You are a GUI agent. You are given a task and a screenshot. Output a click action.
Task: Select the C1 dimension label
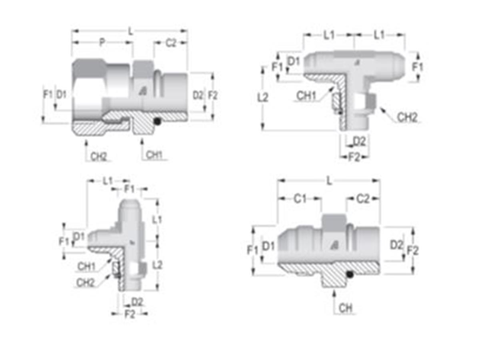(300, 198)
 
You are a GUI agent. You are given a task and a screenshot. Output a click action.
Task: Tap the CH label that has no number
(345, 308)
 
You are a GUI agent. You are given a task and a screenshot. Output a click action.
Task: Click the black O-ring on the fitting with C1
(350, 275)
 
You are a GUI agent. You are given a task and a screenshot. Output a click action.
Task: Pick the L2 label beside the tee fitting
(263, 97)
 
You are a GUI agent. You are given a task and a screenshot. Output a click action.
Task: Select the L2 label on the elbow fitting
(158, 264)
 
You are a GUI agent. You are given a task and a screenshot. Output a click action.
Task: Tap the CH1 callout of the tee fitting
(306, 96)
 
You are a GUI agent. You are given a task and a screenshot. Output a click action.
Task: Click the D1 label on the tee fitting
(294, 61)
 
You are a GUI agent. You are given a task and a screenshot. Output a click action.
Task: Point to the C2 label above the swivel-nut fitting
(171, 43)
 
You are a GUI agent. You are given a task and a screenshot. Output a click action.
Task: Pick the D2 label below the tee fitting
(359, 141)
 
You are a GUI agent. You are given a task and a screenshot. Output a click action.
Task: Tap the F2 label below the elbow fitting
(130, 314)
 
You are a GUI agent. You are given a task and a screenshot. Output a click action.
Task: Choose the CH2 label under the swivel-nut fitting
(99, 156)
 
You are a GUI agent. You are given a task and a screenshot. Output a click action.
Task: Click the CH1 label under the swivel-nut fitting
(154, 155)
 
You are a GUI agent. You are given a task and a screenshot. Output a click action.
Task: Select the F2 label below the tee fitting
(354, 157)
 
